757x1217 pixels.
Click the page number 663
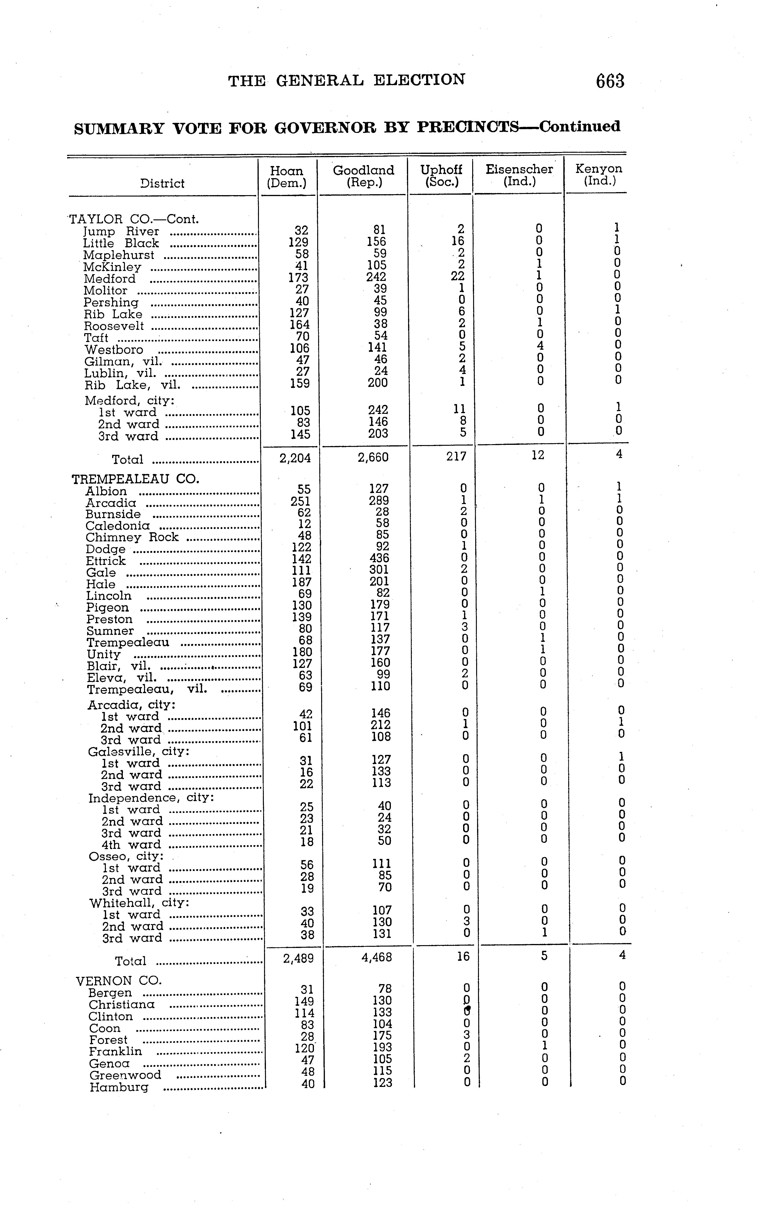pos(610,81)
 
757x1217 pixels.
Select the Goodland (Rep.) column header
pos(364,176)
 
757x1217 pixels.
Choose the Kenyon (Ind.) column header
pos(599,175)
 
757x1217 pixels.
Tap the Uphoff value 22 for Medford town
pos(458,277)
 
